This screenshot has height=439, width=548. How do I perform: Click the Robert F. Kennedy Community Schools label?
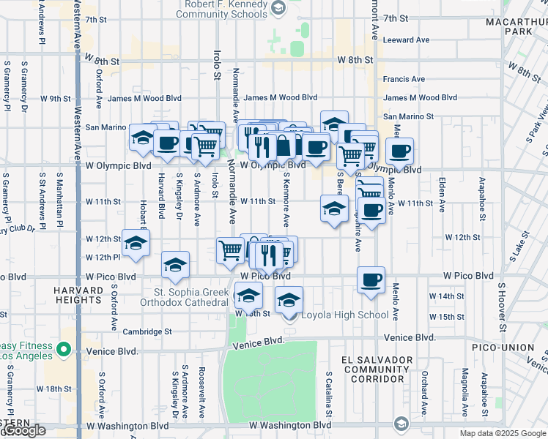click(222, 8)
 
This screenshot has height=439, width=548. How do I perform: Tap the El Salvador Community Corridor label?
click(374, 369)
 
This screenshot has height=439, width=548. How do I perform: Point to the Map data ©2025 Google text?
click(503, 433)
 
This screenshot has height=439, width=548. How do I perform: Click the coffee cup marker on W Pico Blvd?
click(371, 279)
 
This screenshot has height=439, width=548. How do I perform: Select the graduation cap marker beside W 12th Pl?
click(136, 244)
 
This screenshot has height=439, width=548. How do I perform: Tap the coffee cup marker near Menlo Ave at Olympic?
click(399, 151)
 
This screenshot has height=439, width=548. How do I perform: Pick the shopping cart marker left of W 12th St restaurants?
click(231, 249)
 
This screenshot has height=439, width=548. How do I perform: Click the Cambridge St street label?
click(148, 331)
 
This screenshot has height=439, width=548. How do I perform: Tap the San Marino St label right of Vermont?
click(409, 116)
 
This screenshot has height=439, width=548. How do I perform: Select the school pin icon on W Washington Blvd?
click(401, 424)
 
